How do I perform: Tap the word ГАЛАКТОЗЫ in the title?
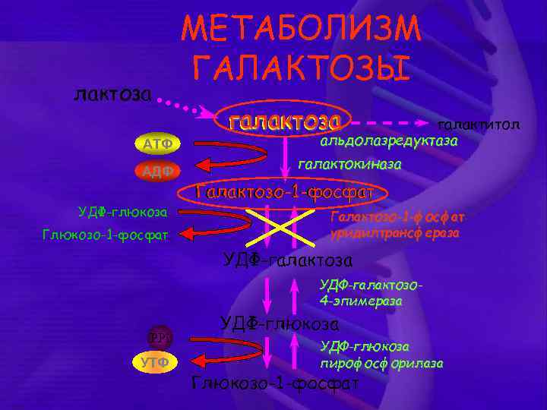pyautogui.click(x=302, y=68)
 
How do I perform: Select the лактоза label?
pyautogui.click(x=113, y=94)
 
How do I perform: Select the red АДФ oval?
pyautogui.click(x=155, y=171)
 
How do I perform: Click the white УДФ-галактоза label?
pyautogui.click(x=288, y=260)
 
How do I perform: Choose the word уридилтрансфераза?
pyautogui.click(x=394, y=233)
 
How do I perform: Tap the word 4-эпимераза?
pyautogui.click(x=361, y=301)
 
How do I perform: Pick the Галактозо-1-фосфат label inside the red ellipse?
pyautogui.click(x=285, y=193)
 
